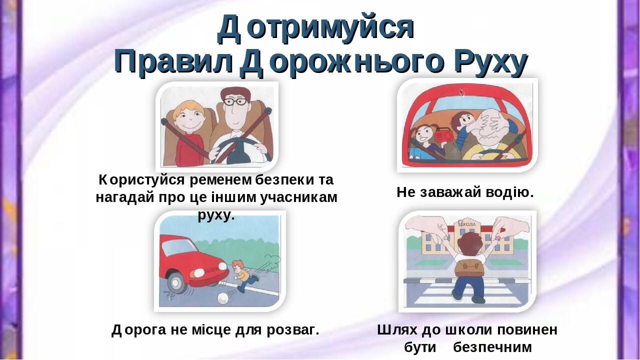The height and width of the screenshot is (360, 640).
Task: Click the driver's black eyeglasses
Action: coord(235,101)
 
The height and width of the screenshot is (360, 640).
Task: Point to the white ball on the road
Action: coord(223,298)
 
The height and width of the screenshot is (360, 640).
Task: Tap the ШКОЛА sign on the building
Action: coord(467,224)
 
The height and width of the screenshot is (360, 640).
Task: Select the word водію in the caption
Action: coord(509,192)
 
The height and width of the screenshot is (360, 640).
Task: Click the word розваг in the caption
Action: coord(293,330)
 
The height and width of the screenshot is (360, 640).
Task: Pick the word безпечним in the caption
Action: coord(492,347)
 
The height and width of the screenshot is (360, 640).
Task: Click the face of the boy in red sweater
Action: coord(187,117)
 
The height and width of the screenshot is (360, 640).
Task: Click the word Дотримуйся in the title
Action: coord(316,27)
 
